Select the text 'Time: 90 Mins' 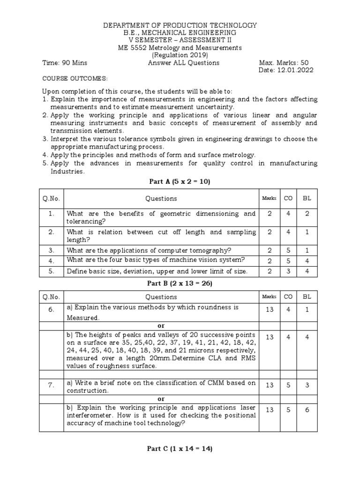pos(65,63)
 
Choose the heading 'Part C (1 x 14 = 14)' pos(180,449)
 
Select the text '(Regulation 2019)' pos(180,55)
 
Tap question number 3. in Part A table pos(51,250)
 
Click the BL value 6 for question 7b pos(307,410)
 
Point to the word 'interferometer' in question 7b pos(90,415)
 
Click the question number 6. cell pos(51,310)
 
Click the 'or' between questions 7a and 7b pos(161,399)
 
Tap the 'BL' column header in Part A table pos(307,198)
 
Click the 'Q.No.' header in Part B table pos(51,297)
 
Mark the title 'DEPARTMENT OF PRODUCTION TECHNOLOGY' pos(180,25)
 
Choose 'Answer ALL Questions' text pos(177,63)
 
